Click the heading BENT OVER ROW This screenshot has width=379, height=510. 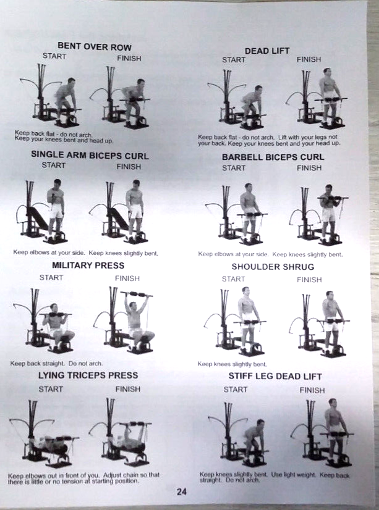pyautogui.click(x=94, y=47)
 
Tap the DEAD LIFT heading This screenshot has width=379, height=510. pyautogui.click(x=267, y=51)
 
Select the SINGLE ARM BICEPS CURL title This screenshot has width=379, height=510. pyautogui.click(x=90, y=156)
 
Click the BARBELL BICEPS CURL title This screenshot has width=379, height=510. pyautogui.click(x=273, y=157)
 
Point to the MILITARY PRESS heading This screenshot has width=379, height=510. pyautogui.click(x=88, y=265)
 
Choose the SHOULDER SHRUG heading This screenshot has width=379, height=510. pyautogui.click(x=273, y=267)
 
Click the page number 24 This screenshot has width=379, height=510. pyautogui.click(x=181, y=492)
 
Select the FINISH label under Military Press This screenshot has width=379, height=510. pyautogui.click(x=127, y=278)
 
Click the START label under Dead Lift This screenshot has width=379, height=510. pyautogui.click(x=234, y=60)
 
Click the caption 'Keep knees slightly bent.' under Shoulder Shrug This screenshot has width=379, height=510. pyautogui.click(x=232, y=364)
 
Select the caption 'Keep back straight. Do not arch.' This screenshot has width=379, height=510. pyautogui.click(x=56, y=364)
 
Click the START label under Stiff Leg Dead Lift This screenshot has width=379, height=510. pyautogui.click(x=235, y=390)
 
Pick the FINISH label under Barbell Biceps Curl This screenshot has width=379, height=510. pyautogui.click(x=309, y=168)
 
